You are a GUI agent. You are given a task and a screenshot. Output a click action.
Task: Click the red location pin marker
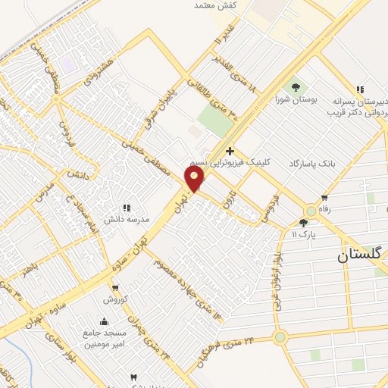(x=196, y=179)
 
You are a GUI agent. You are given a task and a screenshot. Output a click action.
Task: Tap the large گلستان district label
(x=363, y=256)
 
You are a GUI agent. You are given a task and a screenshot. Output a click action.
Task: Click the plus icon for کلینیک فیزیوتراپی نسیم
(x=229, y=151)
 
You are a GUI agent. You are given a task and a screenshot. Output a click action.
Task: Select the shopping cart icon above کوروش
(x=115, y=288)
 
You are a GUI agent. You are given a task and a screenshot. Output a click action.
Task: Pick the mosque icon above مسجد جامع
(x=105, y=321)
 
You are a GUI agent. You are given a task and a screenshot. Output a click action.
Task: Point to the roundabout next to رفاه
(x=311, y=211)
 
